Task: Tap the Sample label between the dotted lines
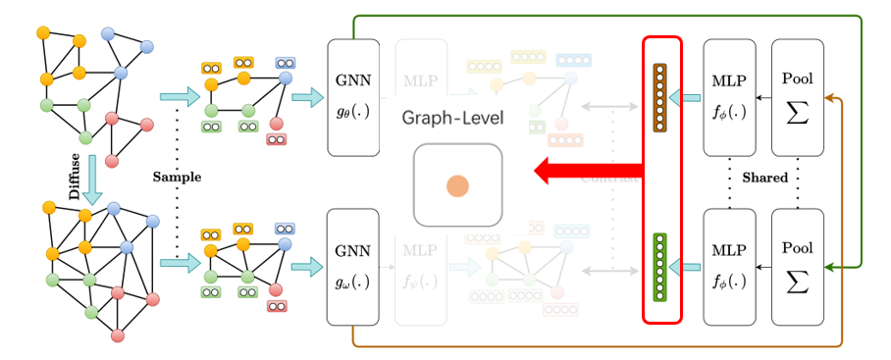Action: tap(178, 178)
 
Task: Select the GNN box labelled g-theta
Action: tap(352, 97)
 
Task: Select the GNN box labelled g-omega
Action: tap(352, 265)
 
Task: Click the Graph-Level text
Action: tap(452, 119)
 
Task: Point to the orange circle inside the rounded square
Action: tap(457, 185)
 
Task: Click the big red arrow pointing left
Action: tap(587, 173)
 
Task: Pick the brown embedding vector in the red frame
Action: tap(659, 97)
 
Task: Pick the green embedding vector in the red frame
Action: tap(659, 265)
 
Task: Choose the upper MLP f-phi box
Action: tap(729, 97)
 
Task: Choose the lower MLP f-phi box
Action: tap(729, 265)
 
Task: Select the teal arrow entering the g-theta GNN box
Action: tap(307, 97)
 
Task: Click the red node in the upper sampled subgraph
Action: tap(277, 125)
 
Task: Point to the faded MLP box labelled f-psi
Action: tap(421, 278)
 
